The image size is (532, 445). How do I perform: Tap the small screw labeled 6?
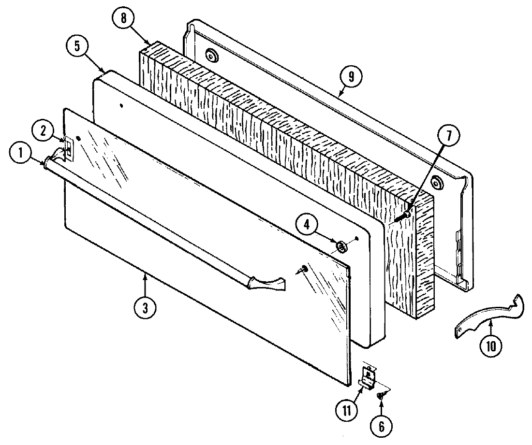click(x=380, y=395)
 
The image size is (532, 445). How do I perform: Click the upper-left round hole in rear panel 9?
click(x=210, y=56)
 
